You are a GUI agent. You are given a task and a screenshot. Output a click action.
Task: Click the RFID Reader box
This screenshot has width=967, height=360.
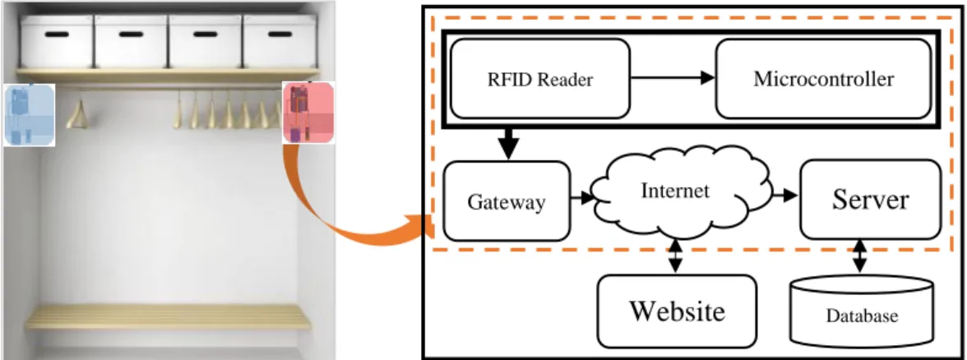(x=540, y=78)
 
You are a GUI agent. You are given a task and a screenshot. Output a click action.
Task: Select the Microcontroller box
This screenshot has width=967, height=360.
(x=822, y=78)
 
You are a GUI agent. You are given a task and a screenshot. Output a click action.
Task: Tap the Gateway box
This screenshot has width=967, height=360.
(x=507, y=201)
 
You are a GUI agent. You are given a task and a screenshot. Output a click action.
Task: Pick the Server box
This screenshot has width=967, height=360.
(x=870, y=200)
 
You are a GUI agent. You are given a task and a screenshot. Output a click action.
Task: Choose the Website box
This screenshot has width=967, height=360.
(x=677, y=312)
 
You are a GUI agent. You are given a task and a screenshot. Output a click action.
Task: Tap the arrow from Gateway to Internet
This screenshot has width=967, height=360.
(x=581, y=199)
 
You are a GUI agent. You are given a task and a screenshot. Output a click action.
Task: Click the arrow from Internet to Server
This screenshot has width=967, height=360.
(x=786, y=196)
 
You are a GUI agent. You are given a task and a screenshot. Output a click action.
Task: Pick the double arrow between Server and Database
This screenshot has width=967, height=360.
(x=860, y=257)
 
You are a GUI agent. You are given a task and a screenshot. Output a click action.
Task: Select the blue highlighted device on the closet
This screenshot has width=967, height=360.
(x=29, y=115)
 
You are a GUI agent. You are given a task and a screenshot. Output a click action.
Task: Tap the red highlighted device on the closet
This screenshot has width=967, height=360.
(x=308, y=113)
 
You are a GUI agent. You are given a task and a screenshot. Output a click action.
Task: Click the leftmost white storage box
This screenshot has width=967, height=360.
(x=57, y=41)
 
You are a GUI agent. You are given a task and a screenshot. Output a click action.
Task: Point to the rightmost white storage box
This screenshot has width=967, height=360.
(x=280, y=41)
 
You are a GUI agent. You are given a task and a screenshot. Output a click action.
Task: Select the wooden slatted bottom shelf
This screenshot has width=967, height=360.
(x=168, y=317)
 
